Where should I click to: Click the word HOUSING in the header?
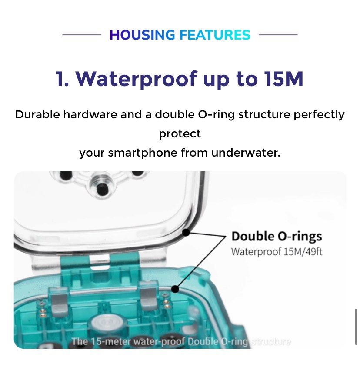click(142, 35)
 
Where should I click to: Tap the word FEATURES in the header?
click(214, 35)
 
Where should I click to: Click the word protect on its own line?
click(180, 134)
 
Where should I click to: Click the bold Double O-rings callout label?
click(277, 237)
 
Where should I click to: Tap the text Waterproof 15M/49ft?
click(277, 251)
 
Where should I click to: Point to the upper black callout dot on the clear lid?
click(186, 233)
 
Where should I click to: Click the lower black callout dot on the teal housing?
click(175, 288)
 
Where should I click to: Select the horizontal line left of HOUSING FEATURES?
click(81, 35)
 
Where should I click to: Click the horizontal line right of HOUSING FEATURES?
click(278, 35)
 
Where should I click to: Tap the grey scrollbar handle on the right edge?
click(356, 327)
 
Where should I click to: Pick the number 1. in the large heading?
click(62, 79)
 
